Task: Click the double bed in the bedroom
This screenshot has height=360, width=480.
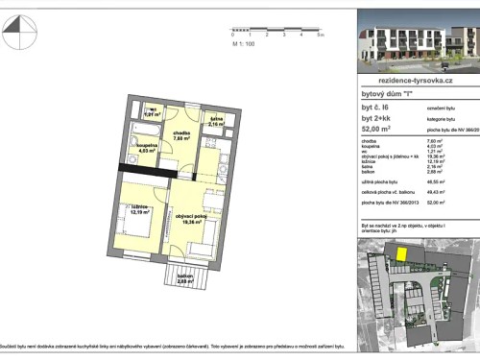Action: [x=135, y=229]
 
